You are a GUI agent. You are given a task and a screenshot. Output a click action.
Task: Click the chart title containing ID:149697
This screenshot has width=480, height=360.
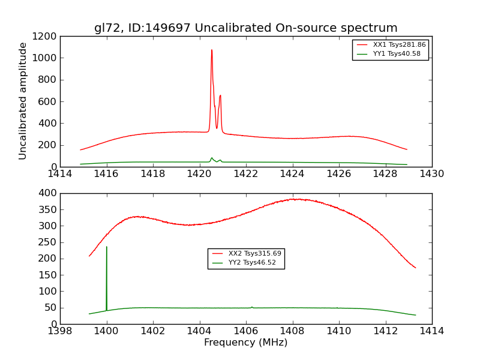[245, 28]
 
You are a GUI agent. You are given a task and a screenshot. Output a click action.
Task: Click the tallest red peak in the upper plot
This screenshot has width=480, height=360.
[212, 50]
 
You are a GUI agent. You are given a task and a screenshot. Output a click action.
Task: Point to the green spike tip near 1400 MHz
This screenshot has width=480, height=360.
[107, 247]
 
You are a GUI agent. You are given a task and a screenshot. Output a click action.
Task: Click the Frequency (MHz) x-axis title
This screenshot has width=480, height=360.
[245, 343]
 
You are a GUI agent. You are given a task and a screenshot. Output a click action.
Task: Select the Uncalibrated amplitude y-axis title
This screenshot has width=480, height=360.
[23, 101]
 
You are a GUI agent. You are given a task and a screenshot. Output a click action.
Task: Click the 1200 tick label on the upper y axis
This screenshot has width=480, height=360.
[46, 36]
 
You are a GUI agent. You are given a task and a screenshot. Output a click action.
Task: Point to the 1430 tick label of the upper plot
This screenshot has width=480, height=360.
[431, 174]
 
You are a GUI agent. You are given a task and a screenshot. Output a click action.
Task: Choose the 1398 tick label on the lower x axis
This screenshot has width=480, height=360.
[60, 331]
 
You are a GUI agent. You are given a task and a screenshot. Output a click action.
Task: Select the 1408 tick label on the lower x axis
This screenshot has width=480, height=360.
[292, 331]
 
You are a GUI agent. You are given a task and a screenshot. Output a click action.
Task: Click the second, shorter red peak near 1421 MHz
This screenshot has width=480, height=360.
[220, 95]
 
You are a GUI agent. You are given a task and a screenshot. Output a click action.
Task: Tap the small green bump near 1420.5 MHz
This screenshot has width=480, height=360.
[211, 158]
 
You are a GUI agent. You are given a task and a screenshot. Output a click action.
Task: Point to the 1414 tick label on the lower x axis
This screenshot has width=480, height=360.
[431, 331]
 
